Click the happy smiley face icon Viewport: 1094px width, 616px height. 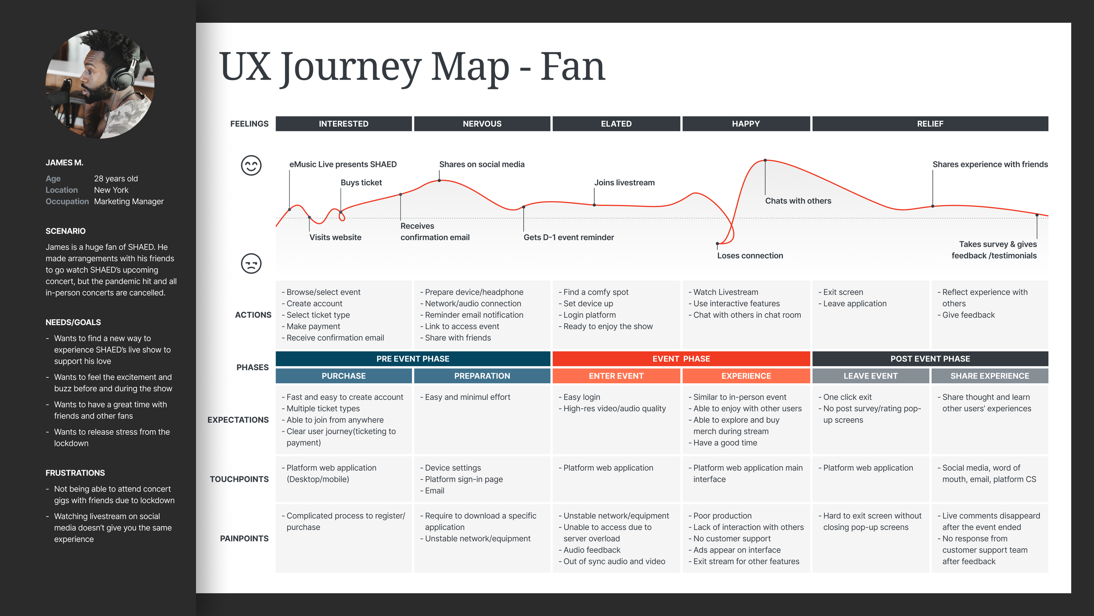click(x=251, y=166)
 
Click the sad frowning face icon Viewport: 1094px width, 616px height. click(x=251, y=264)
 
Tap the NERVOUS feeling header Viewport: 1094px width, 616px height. click(x=482, y=124)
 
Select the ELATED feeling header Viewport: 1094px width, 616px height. click(x=616, y=124)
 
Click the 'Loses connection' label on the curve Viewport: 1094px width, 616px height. click(x=750, y=256)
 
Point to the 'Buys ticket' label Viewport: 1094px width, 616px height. click(x=361, y=183)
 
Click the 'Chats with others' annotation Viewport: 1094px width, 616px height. click(x=798, y=201)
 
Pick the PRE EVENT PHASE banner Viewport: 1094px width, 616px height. click(x=413, y=359)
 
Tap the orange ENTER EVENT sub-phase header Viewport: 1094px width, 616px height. click(x=616, y=376)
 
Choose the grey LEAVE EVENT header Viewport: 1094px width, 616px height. click(x=870, y=376)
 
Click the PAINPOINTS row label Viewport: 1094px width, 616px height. click(x=244, y=538)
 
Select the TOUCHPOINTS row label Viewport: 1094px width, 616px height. click(x=239, y=479)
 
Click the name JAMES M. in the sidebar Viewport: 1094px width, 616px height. click(x=64, y=163)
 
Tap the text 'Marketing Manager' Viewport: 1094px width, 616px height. click(x=129, y=202)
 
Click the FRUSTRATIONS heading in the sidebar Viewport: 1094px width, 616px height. click(x=75, y=473)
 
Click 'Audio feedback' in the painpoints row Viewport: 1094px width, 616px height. click(x=592, y=550)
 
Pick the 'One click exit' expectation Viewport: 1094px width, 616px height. click(x=847, y=397)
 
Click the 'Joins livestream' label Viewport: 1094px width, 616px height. click(x=624, y=183)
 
